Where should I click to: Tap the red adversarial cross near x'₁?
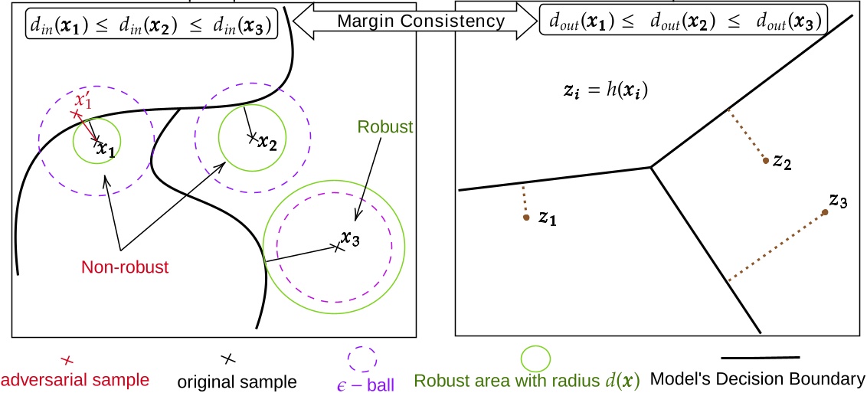coord(75,114)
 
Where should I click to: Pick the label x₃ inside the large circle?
coord(350,238)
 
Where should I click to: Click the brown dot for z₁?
coord(526,218)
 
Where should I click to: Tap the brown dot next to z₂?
coord(765,161)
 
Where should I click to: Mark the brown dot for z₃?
coord(825,211)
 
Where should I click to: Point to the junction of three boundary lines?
coord(651,165)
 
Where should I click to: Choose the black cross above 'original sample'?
coord(227,358)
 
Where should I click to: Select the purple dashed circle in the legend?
coord(362,359)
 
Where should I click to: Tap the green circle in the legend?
coord(535,358)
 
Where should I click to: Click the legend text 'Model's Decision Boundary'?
coord(757,378)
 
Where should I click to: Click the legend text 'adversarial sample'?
coord(74,379)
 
